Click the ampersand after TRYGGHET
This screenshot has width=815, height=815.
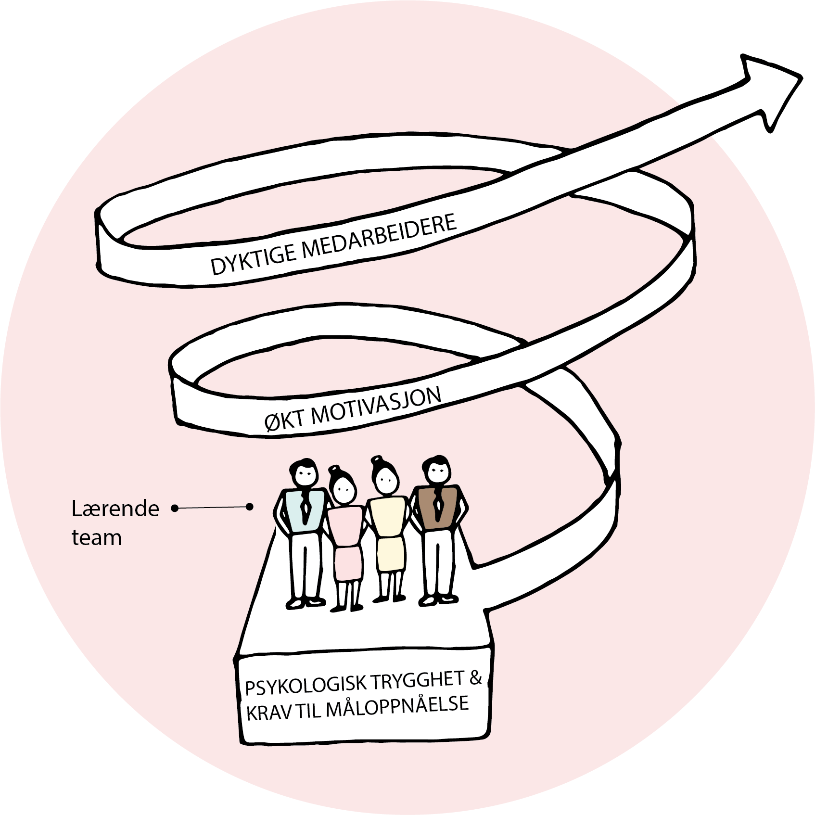click(475, 677)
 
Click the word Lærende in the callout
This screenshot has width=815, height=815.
click(115, 509)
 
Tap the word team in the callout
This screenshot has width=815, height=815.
click(96, 537)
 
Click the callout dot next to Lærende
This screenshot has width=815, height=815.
click(175, 508)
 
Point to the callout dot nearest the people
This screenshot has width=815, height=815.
click(249, 507)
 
